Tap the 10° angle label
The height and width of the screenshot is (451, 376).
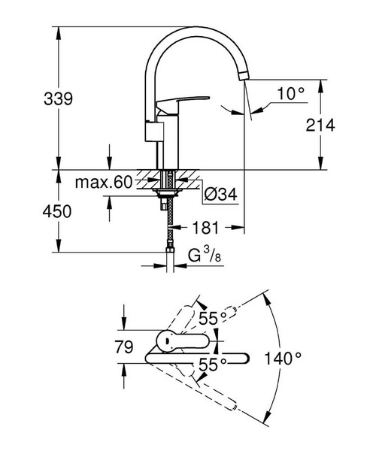tap(291, 94)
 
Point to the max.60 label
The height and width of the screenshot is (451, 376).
tap(103, 182)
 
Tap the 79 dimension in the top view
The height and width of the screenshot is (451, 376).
tap(124, 347)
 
